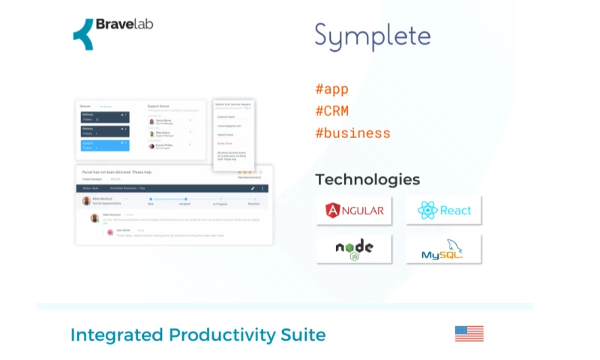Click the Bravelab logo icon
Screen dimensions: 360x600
pyautogui.click(x=83, y=34)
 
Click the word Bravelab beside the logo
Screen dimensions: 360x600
pyautogui.click(x=124, y=25)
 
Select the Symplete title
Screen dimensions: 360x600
pyautogui.click(x=373, y=36)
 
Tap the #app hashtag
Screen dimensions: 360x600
pyautogui.click(x=331, y=89)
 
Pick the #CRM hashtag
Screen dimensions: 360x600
pyautogui.click(x=331, y=112)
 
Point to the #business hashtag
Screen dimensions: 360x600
pyautogui.click(x=352, y=133)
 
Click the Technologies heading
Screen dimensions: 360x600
pyautogui.click(x=367, y=180)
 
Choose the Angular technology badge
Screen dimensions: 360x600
pyautogui.click(x=354, y=211)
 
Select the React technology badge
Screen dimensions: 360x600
pyautogui.click(x=444, y=211)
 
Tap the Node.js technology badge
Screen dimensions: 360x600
pyautogui.click(x=354, y=249)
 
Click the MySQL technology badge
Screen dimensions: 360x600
pyautogui.click(x=444, y=249)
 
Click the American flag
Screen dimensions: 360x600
pyautogui.click(x=469, y=334)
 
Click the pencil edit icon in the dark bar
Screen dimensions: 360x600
pyautogui.click(x=253, y=188)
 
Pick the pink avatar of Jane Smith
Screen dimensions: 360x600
pyautogui.click(x=110, y=232)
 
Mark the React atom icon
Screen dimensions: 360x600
pyautogui.click(x=427, y=211)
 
